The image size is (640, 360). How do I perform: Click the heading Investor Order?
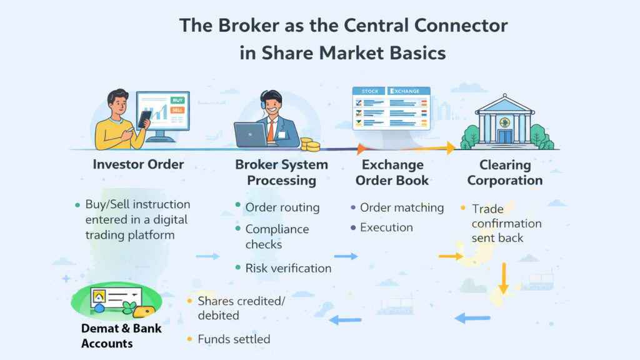pyautogui.click(x=138, y=165)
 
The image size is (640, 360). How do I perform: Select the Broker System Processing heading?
pyautogui.click(x=281, y=172)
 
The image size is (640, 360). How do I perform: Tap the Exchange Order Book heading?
pyautogui.click(x=392, y=172)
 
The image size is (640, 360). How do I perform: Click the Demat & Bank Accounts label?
pyautogui.click(x=112, y=336)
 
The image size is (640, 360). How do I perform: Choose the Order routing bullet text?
pyautogui.click(x=282, y=207)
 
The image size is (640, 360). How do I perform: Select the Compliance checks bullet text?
pyautogui.click(x=277, y=236)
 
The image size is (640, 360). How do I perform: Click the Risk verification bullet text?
pyautogui.click(x=288, y=268)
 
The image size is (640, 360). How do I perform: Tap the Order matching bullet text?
pyautogui.click(x=402, y=207)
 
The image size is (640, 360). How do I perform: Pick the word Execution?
pyautogui.click(x=386, y=227)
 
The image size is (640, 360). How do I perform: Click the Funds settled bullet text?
pyautogui.click(x=234, y=339)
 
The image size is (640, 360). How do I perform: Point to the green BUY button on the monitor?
pyautogui.click(x=178, y=100)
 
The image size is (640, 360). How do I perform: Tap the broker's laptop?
pyautogui.click(x=250, y=134)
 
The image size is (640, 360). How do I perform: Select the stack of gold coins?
pyautogui.click(x=309, y=144)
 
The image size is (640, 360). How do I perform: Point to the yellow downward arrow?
pyautogui.click(x=504, y=278)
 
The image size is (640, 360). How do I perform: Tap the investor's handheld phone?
pyautogui.click(x=144, y=118)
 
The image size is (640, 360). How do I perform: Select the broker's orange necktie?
pyautogui.click(x=270, y=130)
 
